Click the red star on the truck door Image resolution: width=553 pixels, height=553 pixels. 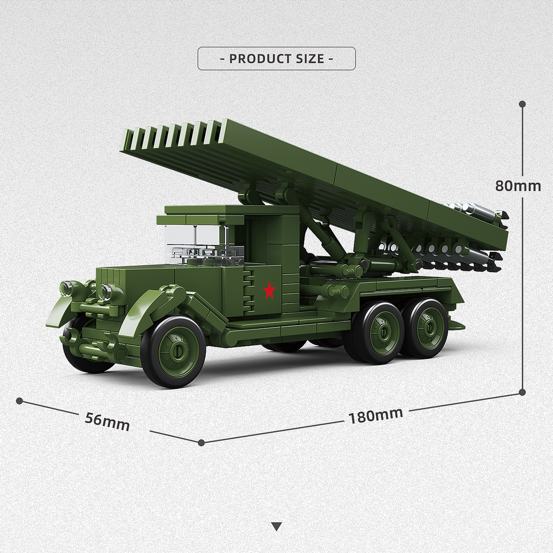coord(269,291)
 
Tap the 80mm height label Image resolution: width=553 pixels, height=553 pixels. coord(518,186)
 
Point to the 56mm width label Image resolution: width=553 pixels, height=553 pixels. coord(107,421)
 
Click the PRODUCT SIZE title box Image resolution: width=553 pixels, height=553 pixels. coord(276,58)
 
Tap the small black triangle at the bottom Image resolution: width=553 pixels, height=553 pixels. coord(276,526)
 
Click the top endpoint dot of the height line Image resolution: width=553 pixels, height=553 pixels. coord(522,104)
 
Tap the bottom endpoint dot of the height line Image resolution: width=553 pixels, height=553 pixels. coord(522,392)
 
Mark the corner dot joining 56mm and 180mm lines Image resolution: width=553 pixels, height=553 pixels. coord(201,442)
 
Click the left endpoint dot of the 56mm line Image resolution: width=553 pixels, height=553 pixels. coord(19,401)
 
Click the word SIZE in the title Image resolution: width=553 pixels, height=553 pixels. coord(305,58)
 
